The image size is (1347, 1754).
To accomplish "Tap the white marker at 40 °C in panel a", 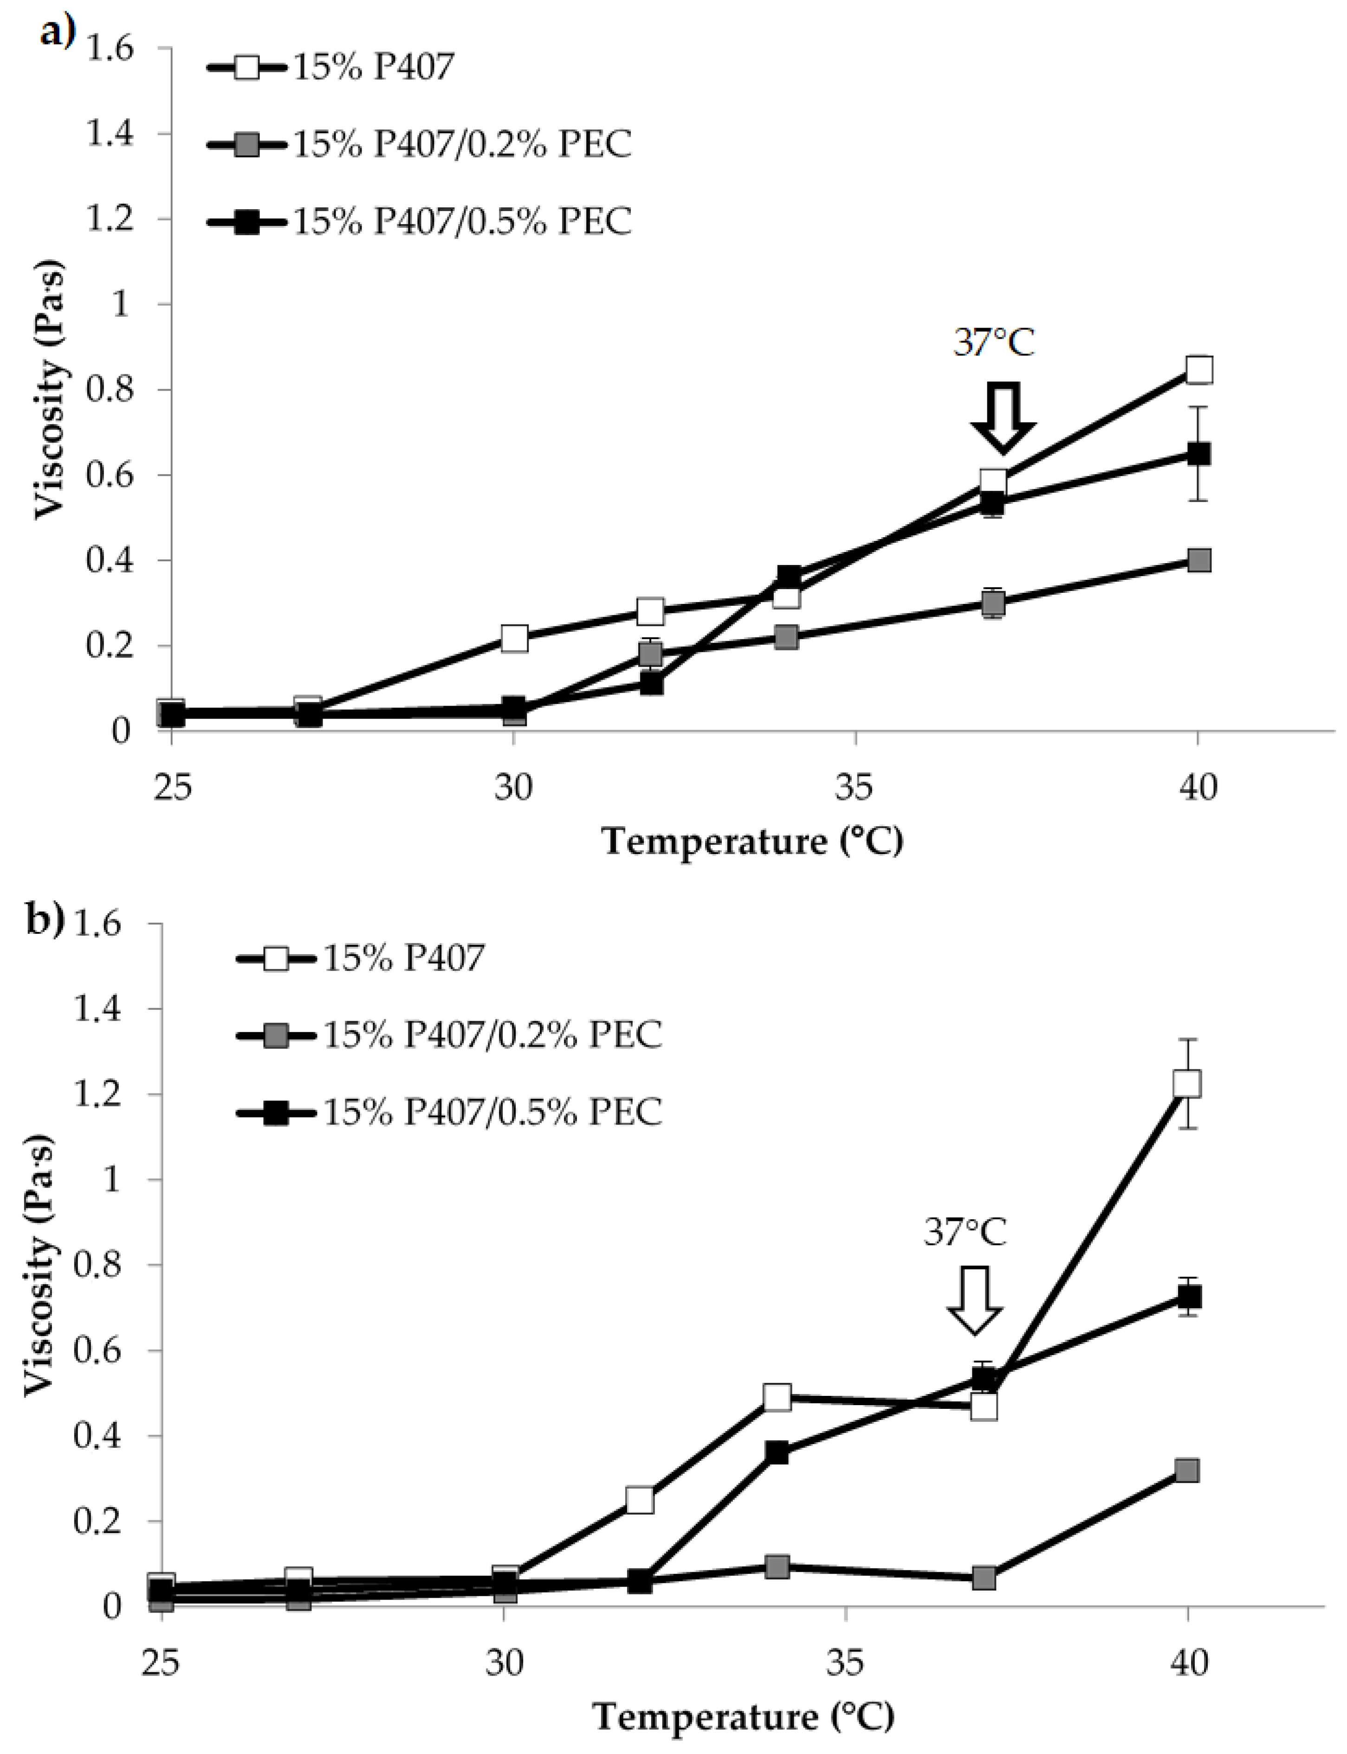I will (1198, 370).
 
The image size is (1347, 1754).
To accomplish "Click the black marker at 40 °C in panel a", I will (1198, 454).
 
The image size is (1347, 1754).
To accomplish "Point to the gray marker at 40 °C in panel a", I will (1198, 560).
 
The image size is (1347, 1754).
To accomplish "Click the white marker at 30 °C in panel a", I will (514, 639).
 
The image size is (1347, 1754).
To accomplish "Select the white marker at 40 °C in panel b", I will (1187, 1083).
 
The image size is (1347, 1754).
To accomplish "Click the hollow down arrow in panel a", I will (1002, 418).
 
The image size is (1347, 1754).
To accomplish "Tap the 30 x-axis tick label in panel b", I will (505, 1664).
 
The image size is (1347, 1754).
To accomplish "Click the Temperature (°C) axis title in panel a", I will (752, 842).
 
